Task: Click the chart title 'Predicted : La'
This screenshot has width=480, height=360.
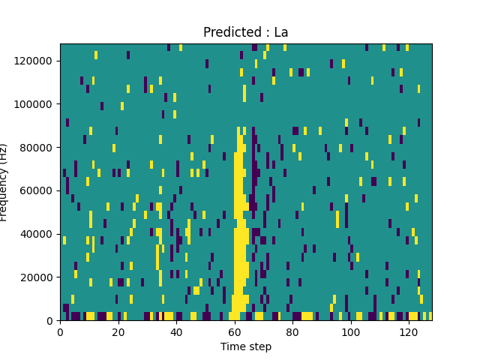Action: click(x=246, y=32)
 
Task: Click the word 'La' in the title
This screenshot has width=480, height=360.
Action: click(x=280, y=32)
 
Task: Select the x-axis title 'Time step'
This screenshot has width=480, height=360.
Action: click(x=246, y=346)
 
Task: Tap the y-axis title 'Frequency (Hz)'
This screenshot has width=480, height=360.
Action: click(x=4, y=182)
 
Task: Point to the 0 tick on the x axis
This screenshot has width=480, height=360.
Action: click(x=60, y=331)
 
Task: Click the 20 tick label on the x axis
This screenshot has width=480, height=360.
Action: click(x=118, y=331)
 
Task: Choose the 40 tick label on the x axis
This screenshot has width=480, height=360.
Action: click(x=176, y=331)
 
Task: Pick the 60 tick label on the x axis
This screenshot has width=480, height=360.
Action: click(x=235, y=331)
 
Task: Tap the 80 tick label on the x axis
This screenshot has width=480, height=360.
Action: click(x=292, y=331)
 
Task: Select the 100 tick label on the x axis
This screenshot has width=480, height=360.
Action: click(x=351, y=331)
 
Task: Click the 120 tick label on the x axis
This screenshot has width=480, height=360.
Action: click(x=409, y=331)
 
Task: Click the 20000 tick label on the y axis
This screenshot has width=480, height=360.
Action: click(x=37, y=277)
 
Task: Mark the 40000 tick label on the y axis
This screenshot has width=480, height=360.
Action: click(x=37, y=234)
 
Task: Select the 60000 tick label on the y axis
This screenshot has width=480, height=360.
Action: click(x=37, y=190)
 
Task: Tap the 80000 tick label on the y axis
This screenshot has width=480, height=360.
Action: click(x=37, y=147)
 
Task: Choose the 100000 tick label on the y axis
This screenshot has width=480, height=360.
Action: click(x=34, y=103)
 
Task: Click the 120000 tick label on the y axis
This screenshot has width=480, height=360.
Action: click(x=34, y=60)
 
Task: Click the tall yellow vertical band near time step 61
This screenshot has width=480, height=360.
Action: click(x=239, y=225)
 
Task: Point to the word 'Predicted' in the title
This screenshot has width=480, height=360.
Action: click(x=229, y=32)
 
